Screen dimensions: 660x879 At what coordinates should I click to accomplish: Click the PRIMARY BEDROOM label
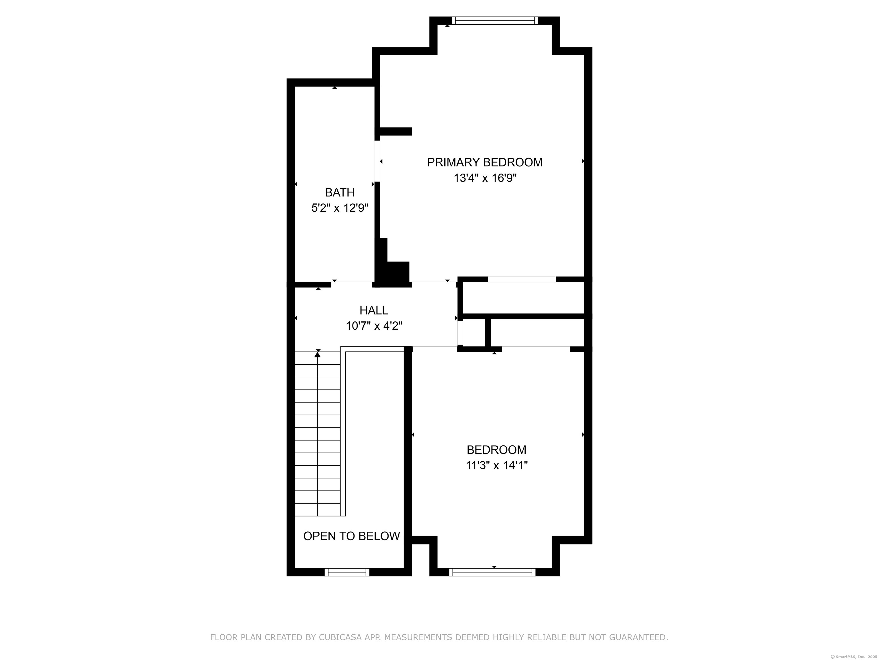tap(484, 162)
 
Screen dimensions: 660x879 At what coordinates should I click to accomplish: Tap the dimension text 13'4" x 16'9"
tap(485, 178)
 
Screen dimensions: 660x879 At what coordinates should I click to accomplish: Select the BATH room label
tap(340, 192)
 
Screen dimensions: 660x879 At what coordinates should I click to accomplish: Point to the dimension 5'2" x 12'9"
tap(340, 208)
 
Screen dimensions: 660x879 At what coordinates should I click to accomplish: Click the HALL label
tap(373, 310)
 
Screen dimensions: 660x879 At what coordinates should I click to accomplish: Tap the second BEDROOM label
tap(496, 450)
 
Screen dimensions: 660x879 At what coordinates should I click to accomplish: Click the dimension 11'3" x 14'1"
tap(497, 465)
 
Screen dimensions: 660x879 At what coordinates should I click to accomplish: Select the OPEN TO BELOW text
tap(351, 536)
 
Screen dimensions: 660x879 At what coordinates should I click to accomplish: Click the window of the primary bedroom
tap(495, 21)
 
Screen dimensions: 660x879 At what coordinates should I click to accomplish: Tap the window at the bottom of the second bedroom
tap(492, 572)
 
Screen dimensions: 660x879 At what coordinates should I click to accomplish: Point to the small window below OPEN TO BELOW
tap(347, 572)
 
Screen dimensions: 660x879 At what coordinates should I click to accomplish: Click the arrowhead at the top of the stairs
tap(318, 354)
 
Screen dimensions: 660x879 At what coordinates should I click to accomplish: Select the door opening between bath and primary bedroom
tap(377, 161)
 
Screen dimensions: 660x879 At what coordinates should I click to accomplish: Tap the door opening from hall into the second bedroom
tap(434, 349)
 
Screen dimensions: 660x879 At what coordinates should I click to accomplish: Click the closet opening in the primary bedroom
tap(521, 279)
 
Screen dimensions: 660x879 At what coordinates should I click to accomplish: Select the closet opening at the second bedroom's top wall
tap(536, 349)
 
